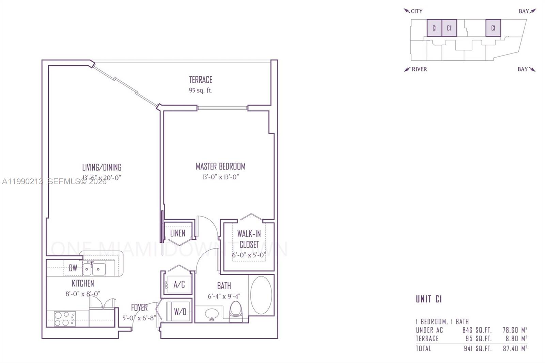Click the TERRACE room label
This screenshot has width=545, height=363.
[x=201, y=80]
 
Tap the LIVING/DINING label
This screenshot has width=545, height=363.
[x=102, y=167]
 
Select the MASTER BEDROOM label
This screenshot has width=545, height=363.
[x=220, y=166]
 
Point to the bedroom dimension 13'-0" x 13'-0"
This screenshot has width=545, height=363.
[x=220, y=177]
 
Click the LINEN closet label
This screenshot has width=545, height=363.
[x=178, y=233]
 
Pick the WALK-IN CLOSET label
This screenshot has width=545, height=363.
[x=249, y=239]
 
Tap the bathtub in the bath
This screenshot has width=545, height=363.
[x=261, y=295]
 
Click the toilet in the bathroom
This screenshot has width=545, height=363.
[x=235, y=311]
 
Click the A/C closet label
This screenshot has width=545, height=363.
[x=179, y=284]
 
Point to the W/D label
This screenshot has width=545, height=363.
[x=180, y=311]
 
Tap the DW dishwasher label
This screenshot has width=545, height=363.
[x=73, y=268]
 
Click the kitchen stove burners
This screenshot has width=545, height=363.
[x=65, y=319]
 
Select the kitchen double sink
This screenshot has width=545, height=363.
[x=94, y=269]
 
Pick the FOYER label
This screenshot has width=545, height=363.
[x=139, y=307]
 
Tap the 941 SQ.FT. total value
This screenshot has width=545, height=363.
[x=478, y=348]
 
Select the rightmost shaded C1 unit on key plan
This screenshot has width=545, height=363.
[x=493, y=28]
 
